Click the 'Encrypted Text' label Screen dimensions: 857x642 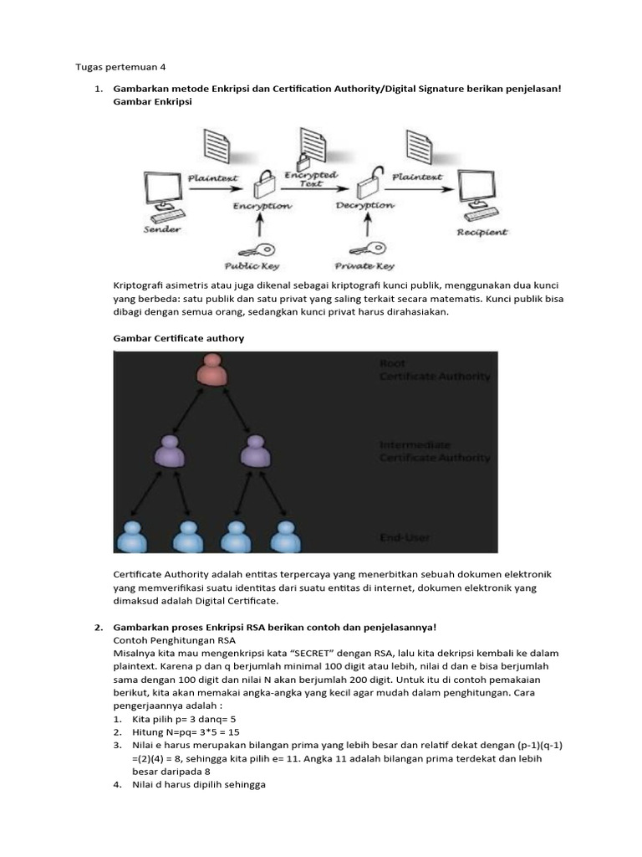311,179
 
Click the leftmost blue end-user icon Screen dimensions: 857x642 131,536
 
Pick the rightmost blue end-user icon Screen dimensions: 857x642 286,536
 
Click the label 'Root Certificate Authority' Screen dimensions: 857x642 434,370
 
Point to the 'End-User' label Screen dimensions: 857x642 405,538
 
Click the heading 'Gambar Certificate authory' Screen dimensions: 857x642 178,338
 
